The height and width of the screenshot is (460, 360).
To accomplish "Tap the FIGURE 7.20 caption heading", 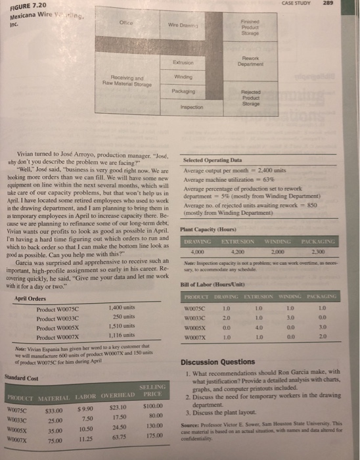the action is point(25,5).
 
